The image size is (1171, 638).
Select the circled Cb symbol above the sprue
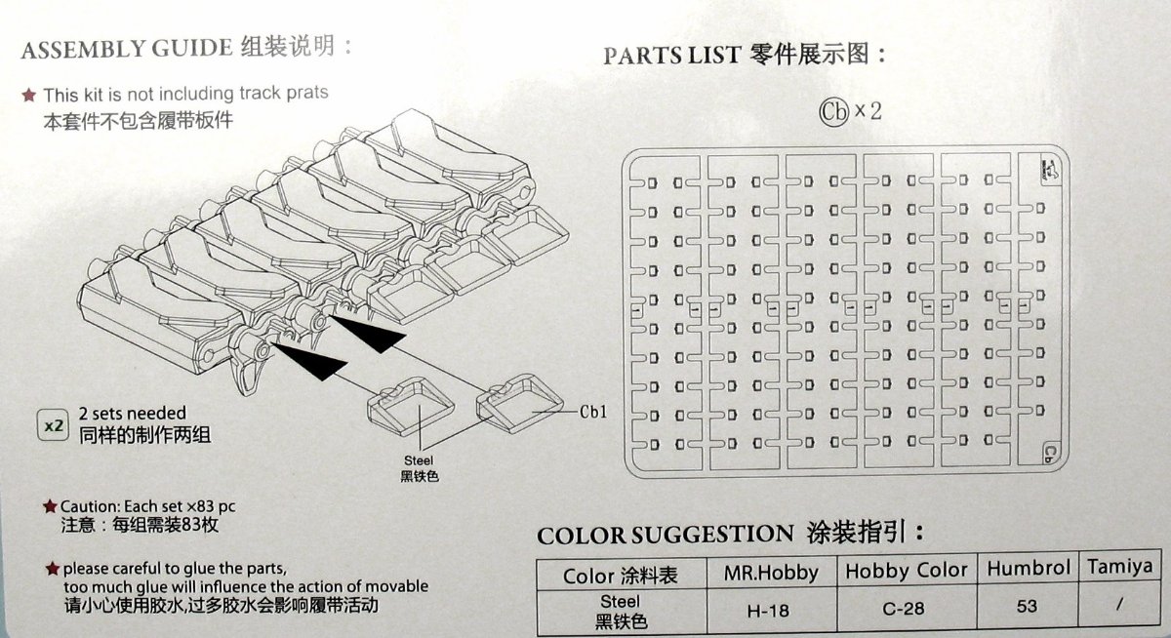click(833, 111)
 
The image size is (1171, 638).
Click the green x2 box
click(54, 425)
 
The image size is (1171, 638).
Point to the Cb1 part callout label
click(593, 412)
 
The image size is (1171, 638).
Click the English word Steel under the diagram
click(419, 460)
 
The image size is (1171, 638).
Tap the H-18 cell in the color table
click(768, 611)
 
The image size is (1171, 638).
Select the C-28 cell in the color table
click(904, 608)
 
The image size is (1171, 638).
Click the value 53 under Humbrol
click(1027, 606)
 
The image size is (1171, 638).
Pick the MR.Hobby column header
click(771, 574)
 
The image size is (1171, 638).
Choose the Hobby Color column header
click(907, 571)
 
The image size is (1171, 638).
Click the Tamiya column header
click(1120, 567)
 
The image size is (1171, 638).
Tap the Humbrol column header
click(1029, 568)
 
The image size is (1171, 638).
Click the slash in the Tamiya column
click(1119, 605)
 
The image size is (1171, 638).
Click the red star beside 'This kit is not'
click(28, 95)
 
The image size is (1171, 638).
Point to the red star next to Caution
click(50, 505)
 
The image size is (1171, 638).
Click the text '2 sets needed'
click(133, 414)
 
